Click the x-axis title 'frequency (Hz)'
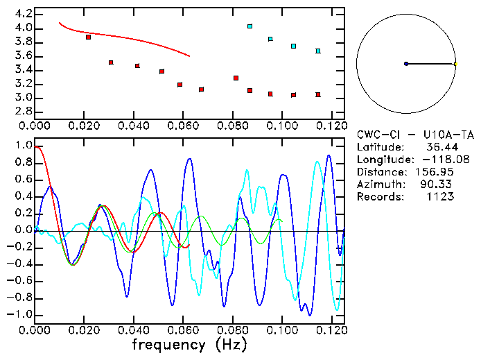190,345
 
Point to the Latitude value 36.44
439,147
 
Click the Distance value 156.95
433,172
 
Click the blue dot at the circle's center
406,64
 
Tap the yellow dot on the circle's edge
455,64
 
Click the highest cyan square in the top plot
250,26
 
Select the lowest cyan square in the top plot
318,51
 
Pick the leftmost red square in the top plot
88,37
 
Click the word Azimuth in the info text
378,185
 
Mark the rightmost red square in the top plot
318,94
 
